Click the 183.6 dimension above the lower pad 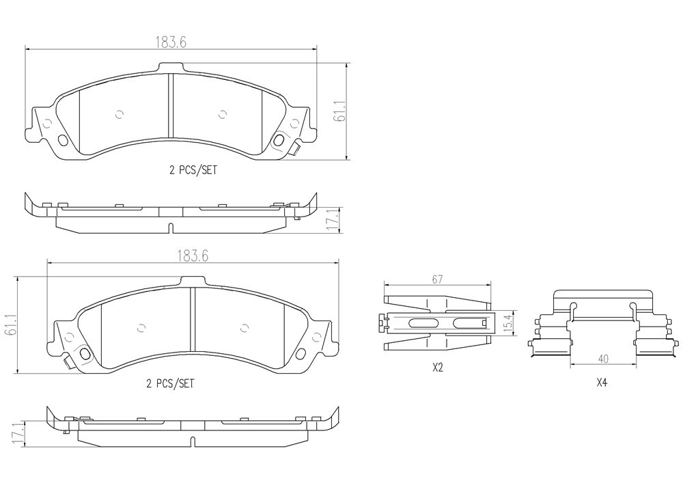(x=193, y=256)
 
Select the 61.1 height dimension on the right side (x=340, y=112)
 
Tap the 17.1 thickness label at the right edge (x=333, y=221)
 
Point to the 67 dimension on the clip (x=437, y=279)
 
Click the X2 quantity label (x=437, y=368)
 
